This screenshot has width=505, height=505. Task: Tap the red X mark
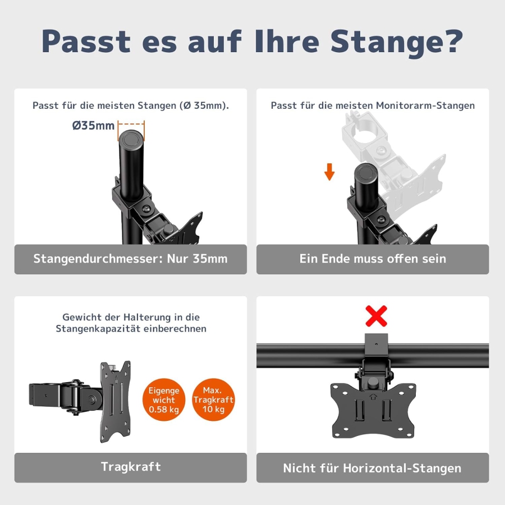pyautogui.click(x=376, y=316)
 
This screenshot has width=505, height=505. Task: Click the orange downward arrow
pyautogui.click(x=329, y=172)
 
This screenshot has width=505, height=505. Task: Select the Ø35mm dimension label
pyautogui.click(x=93, y=125)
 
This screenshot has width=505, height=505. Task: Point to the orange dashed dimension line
pyautogui.click(x=131, y=125)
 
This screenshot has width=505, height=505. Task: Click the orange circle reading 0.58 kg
pyautogui.click(x=163, y=400)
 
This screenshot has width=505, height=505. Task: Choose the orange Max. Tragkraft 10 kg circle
pyautogui.click(x=213, y=400)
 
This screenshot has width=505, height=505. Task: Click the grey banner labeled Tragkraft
pyautogui.click(x=130, y=467)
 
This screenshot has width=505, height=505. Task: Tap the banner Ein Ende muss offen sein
pyautogui.click(x=373, y=259)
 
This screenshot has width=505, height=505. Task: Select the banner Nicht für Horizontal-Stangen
pyautogui.click(x=373, y=468)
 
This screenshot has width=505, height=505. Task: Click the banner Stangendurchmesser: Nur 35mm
pyautogui.click(x=130, y=259)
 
